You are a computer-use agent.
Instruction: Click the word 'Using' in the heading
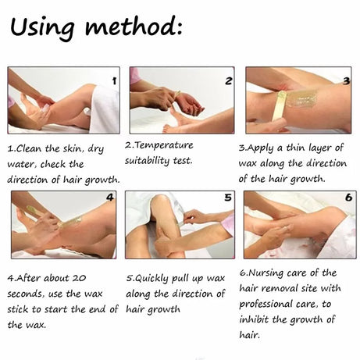42,27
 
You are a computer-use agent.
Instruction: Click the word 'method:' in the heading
134,26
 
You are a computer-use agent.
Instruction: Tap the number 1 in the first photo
114,81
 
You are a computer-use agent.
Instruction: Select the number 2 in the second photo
228,81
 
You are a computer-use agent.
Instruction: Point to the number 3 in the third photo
346,81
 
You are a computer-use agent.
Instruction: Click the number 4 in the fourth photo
110,198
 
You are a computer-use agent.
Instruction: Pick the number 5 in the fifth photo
228,198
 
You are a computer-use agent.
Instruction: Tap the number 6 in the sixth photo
348,198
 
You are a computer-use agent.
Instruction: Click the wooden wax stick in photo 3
278,106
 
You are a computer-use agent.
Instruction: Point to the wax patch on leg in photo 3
302,98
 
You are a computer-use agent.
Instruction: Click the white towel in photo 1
105,109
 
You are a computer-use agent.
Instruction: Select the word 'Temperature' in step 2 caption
164,145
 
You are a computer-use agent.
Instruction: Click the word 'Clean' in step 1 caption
29,148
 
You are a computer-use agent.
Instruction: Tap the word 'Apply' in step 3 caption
260,148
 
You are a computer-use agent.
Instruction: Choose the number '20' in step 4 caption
79,278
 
